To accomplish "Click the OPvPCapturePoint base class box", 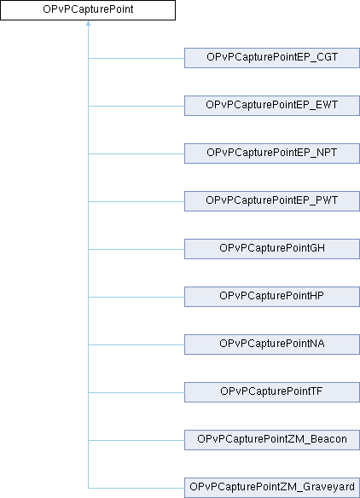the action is (x=88, y=10).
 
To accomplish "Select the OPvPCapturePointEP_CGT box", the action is (x=272, y=58).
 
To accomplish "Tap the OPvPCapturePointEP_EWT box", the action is (x=272, y=106).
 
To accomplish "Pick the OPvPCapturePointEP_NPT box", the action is (x=272, y=153).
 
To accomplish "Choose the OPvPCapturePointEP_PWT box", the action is (x=272, y=201).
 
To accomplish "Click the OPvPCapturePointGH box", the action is (x=272, y=249).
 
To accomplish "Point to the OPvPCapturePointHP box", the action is (x=272, y=297).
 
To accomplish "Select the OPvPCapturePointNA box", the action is (x=272, y=345).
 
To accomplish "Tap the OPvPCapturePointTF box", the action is (x=272, y=392).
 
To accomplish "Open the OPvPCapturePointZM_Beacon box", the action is (x=272, y=440).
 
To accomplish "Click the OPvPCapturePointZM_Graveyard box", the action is (x=272, y=488).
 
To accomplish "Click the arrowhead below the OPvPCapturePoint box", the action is (x=89, y=23).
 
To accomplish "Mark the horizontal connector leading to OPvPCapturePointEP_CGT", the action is (x=136, y=58).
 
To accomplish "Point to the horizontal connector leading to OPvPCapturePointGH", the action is (x=136, y=249).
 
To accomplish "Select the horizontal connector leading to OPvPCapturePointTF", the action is (x=136, y=392).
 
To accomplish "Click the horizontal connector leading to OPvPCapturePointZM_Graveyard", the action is (x=136, y=488).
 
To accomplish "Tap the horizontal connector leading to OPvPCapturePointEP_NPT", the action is (x=136, y=153).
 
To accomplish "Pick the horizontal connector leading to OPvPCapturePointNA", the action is (x=136, y=345).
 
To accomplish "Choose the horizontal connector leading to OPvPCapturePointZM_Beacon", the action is (x=136, y=440).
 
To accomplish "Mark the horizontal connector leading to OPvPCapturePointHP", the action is (x=136, y=297).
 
